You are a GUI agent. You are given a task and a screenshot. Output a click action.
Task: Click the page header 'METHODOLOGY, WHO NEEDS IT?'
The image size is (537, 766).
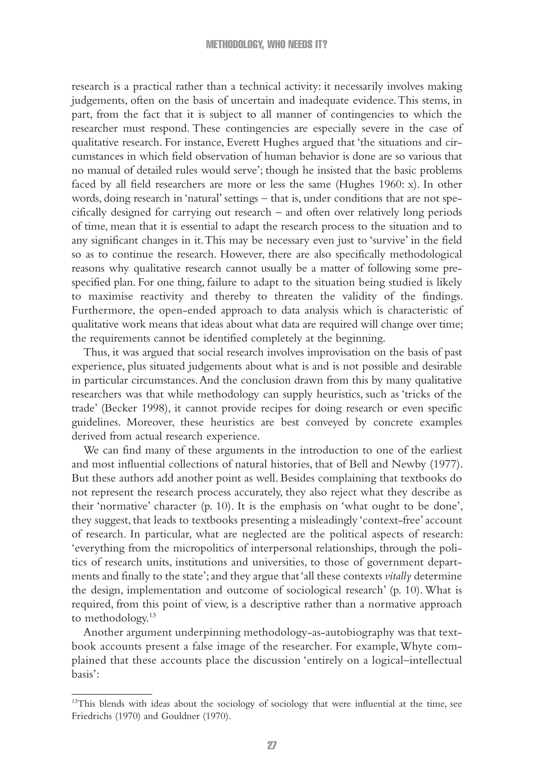pyautogui.click(x=266, y=45)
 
